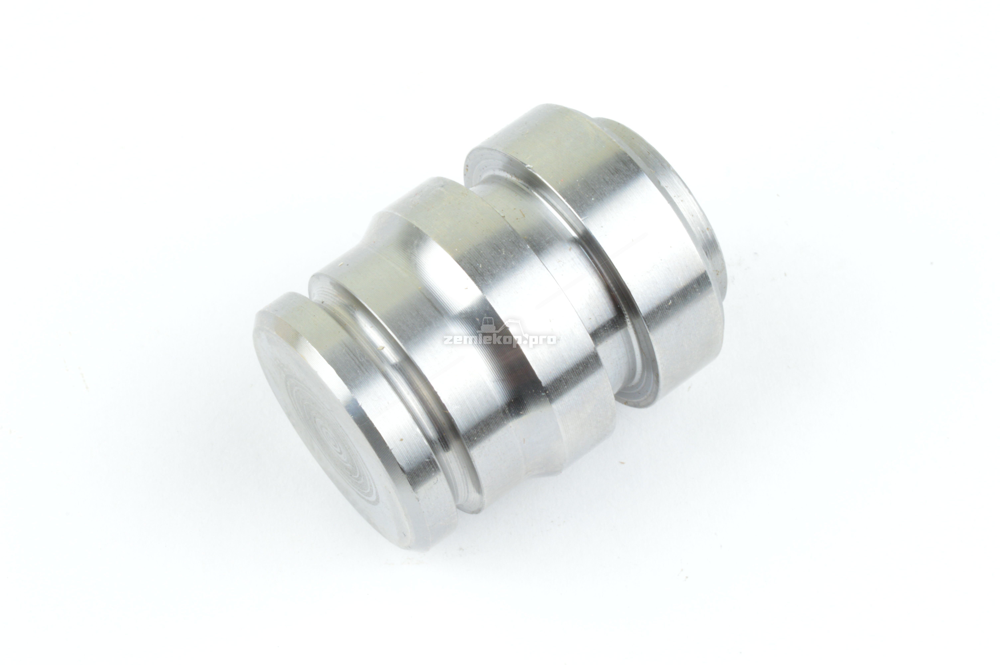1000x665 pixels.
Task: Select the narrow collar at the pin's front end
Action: [x=381, y=382]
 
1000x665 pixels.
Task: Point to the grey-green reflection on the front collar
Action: [x=305, y=314]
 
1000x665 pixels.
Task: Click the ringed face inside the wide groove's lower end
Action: [x=636, y=382]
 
